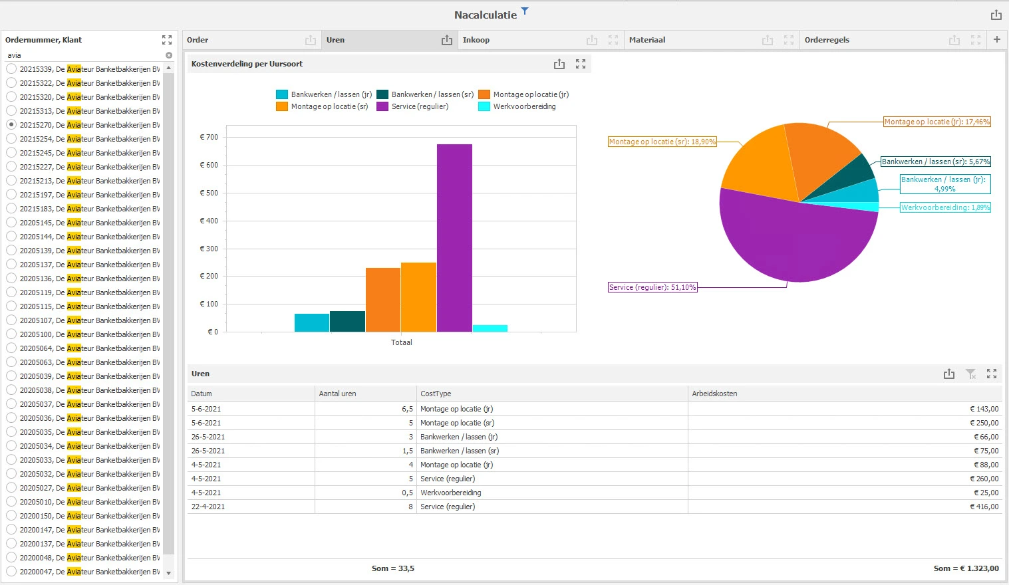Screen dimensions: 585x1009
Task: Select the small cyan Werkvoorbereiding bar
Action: coord(490,328)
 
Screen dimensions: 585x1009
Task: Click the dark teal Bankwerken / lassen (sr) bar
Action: coord(347,321)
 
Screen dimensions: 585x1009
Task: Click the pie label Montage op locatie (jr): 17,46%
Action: coord(937,122)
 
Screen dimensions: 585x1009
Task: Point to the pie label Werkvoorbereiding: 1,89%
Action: coord(945,207)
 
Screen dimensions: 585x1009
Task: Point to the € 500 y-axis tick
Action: coord(209,193)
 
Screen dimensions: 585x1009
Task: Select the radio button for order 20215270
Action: coord(11,124)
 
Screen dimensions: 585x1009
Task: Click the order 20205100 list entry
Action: coord(89,334)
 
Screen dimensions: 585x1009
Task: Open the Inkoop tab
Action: coord(476,40)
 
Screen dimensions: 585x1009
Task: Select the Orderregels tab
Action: coord(827,40)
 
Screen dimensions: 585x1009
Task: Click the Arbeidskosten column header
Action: coord(714,394)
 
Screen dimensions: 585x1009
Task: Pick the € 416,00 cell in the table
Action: coord(984,507)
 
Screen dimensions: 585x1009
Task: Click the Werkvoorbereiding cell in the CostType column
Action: coord(450,493)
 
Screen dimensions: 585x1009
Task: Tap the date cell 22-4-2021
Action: coord(208,507)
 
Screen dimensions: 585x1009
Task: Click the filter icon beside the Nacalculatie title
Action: coord(525,11)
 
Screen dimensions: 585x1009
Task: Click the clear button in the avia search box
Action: coord(169,55)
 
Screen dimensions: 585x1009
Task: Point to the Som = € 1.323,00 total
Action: coord(966,568)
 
